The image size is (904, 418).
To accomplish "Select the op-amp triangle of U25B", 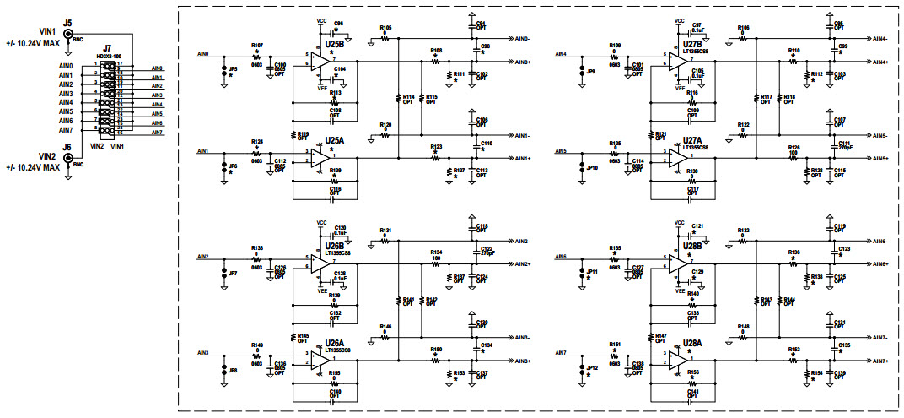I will click(320, 60).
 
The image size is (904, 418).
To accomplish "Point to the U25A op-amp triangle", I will click(320, 157).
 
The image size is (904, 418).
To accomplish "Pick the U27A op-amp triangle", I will click(678, 158).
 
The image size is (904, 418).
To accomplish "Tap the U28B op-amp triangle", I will click(678, 264).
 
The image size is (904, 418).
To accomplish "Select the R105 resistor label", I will click(385, 28).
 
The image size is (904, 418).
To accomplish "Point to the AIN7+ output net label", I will click(879, 361).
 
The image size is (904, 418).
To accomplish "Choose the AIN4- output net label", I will click(879, 39).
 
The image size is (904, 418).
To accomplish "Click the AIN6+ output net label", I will click(879, 264).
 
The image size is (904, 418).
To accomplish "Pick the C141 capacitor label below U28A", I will click(693, 392).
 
